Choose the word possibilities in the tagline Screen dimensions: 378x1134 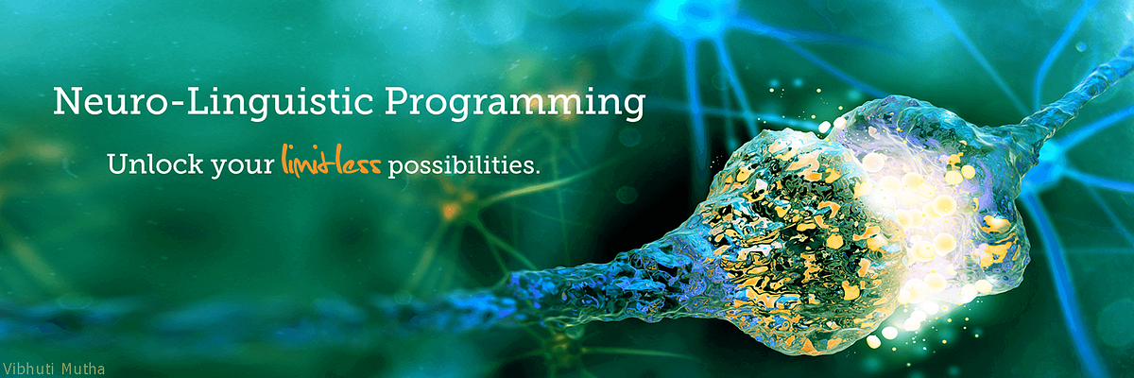tap(461, 165)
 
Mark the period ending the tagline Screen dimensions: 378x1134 tap(538, 172)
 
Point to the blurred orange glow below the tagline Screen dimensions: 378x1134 tap(454, 203)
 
